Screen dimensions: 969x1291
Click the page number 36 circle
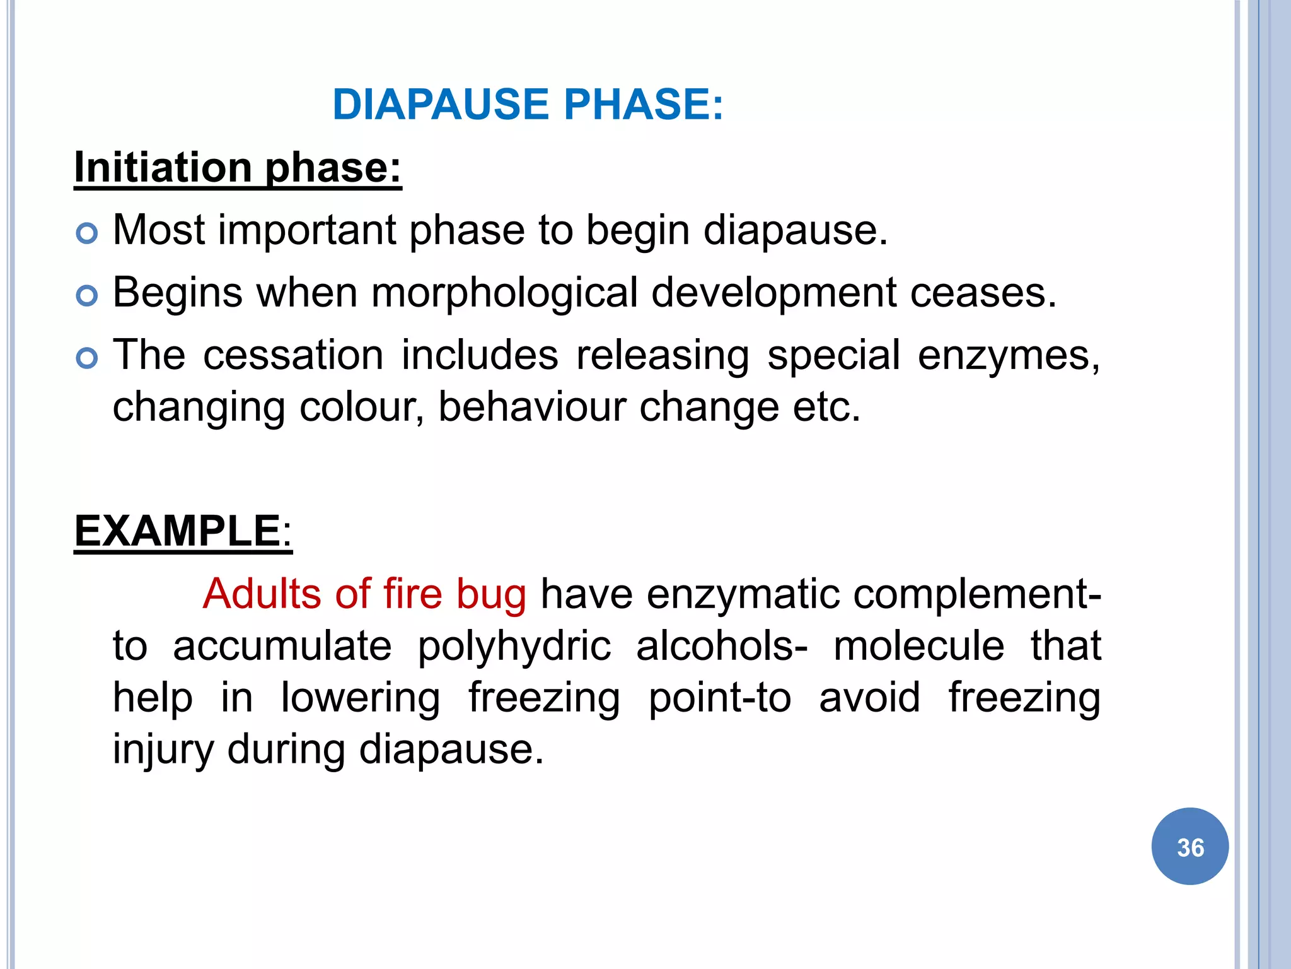[1190, 847]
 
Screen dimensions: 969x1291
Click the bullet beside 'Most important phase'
[87, 233]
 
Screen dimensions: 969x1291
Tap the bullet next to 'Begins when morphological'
[87, 295]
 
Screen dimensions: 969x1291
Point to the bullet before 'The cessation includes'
[87, 358]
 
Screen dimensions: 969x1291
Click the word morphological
[504, 293]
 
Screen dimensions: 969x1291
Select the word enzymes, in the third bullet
[1009, 356]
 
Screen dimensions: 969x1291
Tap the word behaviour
[531, 408]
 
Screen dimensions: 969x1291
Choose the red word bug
[491, 595]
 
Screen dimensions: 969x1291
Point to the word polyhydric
[514, 647]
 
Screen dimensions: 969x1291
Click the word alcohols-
[722, 646]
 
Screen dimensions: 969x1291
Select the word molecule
[918, 646]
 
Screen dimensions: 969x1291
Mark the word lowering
[361, 698]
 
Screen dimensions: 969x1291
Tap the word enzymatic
[743, 595]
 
